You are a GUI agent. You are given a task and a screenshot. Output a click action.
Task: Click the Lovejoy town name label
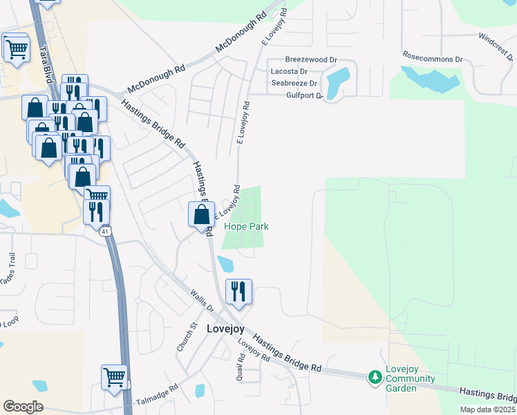click(225, 329)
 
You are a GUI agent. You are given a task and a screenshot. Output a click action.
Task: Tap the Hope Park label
click(245, 226)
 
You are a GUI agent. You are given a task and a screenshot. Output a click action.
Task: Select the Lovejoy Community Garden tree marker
click(375, 378)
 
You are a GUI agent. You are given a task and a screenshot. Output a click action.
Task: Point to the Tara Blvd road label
click(47, 64)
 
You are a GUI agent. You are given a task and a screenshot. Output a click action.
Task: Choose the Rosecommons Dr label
click(432, 58)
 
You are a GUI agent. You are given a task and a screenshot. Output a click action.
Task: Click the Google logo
click(23, 407)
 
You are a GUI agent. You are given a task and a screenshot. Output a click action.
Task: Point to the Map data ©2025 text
click(487, 409)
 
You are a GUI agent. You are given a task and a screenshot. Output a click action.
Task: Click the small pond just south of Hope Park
click(225, 264)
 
